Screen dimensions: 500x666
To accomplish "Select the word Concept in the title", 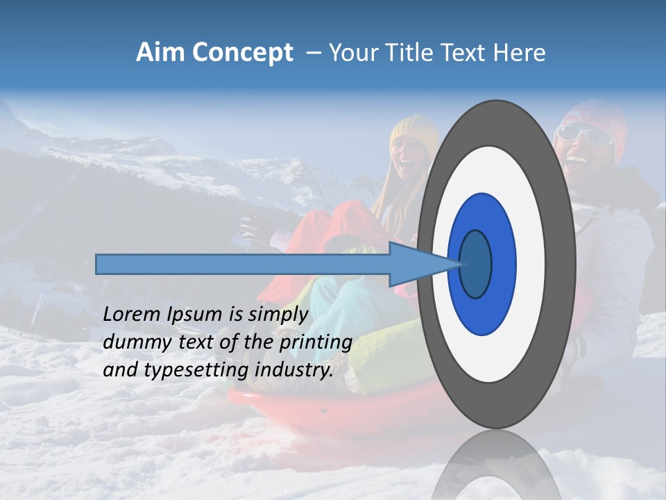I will click(x=244, y=53).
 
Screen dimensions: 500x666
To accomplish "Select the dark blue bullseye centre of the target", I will click(x=476, y=264).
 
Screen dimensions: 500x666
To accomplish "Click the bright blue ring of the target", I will click(x=503, y=264).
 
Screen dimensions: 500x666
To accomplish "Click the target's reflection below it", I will click(x=496, y=465).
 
